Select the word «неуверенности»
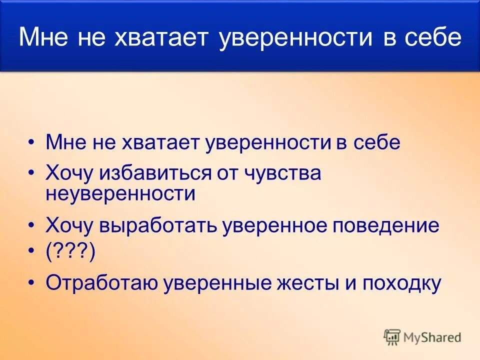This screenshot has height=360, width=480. [120, 193]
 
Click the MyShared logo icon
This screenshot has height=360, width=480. [392, 337]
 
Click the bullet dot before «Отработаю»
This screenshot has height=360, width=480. [32, 283]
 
